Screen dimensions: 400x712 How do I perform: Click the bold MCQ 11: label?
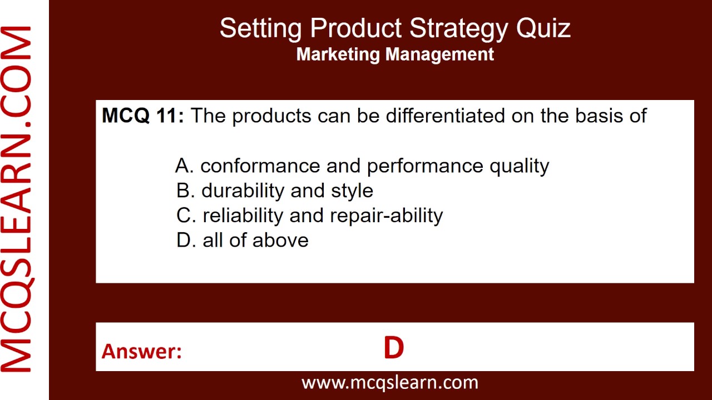(142, 116)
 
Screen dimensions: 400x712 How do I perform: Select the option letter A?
(184, 166)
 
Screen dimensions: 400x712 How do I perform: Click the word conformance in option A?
(260, 166)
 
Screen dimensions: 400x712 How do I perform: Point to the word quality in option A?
(519, 166)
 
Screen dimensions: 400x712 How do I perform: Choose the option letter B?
(185, 191)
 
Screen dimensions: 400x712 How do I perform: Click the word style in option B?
(352, 191)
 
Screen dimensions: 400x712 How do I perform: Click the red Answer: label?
(142, 351)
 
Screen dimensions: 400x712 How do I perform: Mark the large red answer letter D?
(393, 348)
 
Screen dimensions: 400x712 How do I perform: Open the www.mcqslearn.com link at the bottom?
(389, 382)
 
